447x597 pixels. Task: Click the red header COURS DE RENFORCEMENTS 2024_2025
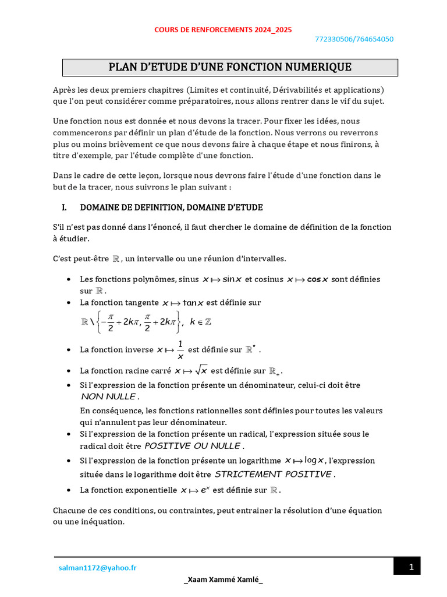pos(223,29)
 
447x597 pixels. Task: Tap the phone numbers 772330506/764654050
pos(353,40)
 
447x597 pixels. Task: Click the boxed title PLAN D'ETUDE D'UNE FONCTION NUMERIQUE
pos(230,67)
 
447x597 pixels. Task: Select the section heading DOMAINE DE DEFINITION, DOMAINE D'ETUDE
pos(171,207)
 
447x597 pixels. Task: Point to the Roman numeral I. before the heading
pos(65,207)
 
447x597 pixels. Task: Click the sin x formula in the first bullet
pos(222,279)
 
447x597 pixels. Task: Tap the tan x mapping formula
pos(183,303)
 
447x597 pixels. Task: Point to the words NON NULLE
pos(109,396)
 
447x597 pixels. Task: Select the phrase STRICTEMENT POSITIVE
pos(273,474)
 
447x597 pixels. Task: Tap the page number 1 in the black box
pos(411,567)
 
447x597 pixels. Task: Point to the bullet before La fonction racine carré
pos(70,371)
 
